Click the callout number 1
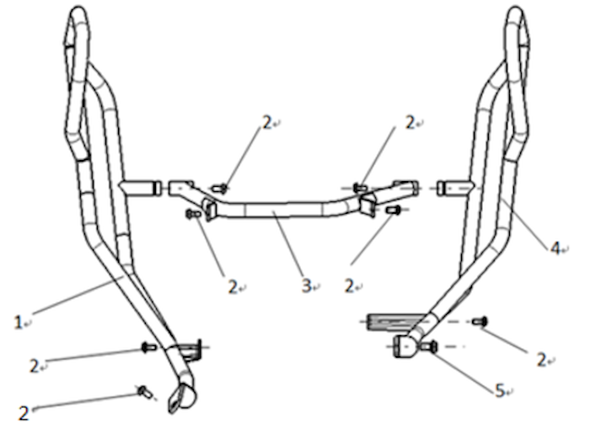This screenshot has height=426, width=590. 18,322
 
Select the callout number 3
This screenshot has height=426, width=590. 306,285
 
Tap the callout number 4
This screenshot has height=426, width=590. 555,248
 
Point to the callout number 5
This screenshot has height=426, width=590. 499,391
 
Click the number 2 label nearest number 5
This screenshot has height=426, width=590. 541,359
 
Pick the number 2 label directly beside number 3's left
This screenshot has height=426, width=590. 233,287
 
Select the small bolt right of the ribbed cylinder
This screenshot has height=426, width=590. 480,322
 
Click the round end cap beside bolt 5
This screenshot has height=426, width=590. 404,347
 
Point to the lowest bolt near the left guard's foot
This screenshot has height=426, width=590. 145,392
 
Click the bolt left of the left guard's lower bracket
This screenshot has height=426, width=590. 148,347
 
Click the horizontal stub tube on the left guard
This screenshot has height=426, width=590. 141,188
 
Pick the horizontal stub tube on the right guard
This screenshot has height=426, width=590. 454,188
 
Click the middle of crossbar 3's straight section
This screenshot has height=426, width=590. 283,210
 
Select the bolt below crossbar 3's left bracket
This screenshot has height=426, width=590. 193,214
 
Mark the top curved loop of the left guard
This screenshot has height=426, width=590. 78,23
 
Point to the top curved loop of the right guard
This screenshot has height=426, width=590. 516,23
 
